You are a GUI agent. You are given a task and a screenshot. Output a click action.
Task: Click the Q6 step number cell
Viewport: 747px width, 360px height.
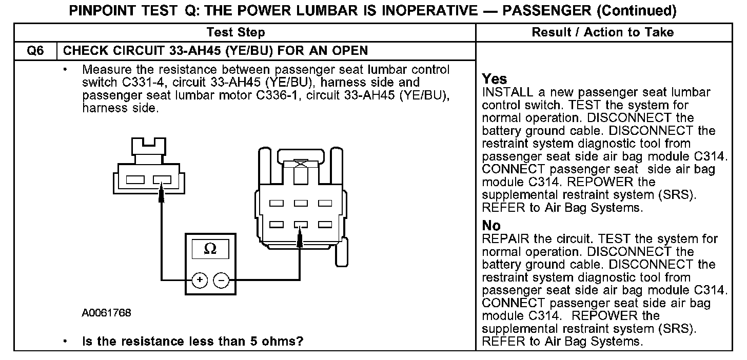(x=34, y=50)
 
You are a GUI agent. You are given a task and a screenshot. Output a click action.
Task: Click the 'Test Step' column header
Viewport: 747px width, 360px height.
(x=235, y=33)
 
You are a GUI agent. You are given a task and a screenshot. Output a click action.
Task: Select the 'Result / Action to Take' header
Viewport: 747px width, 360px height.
(x=603, y=33)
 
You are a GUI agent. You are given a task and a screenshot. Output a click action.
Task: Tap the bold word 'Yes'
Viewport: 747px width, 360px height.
(x=495, y=79)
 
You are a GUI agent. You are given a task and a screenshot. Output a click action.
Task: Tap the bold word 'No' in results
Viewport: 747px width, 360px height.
(x=491, y=226)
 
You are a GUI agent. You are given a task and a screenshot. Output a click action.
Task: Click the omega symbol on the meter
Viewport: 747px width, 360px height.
(x=210, y=249)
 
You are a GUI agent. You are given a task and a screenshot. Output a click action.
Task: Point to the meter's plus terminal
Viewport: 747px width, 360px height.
(x=199, y=280)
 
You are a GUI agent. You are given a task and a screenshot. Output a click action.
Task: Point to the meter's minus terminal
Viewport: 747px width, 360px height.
(x=221, y=280)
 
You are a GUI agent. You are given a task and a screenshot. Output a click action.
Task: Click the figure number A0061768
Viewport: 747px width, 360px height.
(x=106, y=313)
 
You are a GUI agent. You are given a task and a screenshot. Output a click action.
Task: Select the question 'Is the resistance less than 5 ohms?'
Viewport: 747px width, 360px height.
(x=192, y=341)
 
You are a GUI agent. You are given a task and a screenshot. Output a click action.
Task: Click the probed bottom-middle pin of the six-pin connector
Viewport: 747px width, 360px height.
(x=300, y=224)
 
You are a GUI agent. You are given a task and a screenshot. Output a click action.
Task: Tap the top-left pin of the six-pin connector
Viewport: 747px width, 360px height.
(x=277, y=203)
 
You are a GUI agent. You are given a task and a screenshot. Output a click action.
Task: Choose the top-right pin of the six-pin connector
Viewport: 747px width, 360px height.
(x=324, y=203)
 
